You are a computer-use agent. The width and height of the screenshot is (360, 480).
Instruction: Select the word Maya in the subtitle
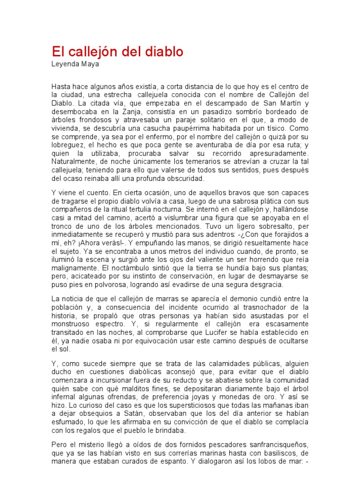click(x=90, y=64)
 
